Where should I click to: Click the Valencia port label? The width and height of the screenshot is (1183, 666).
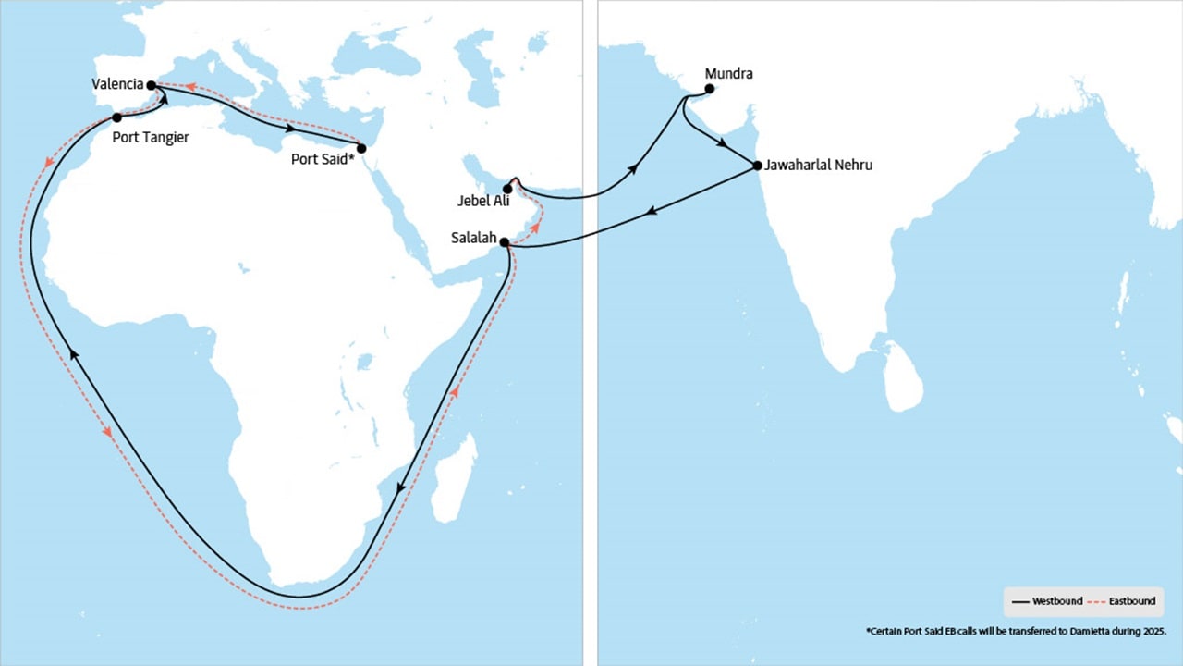[x=117, y=84]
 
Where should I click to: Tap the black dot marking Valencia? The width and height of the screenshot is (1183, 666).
[x=152, y=85]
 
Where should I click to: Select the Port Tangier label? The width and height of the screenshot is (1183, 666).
[x=150, y=138]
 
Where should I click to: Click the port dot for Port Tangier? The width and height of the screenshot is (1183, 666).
[x=117, y=117]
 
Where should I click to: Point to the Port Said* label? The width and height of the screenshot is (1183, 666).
[x=323, y=158]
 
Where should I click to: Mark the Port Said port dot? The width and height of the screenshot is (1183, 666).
[x=361, y=148]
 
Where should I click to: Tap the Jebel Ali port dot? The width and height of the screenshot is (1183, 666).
[x=507, y=189]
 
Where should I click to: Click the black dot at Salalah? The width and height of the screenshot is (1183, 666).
[x=505, y=242]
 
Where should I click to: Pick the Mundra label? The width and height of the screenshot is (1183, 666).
[x=729, y=72]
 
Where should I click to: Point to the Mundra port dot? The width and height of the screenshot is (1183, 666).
[x=710, y=89]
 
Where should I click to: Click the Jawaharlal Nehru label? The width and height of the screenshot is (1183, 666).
[x=818, y=166]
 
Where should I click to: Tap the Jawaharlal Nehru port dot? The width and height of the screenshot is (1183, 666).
[x=758, y=166]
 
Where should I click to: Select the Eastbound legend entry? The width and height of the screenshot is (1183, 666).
[x=1126, y=601]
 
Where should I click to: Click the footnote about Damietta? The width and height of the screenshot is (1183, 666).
[x=1017, y=631]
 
